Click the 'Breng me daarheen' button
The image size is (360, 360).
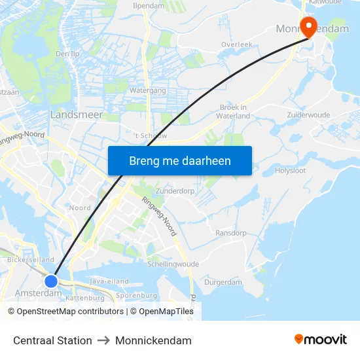point(179,160)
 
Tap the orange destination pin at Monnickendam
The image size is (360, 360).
point(307,26)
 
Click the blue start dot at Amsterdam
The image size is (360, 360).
point(51,281)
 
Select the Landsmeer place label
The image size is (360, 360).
point(76,115)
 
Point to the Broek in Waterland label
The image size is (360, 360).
point(234,111)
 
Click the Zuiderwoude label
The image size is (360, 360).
point(308,115)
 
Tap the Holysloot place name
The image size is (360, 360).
point(291,171)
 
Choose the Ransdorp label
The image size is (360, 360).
point(231,232)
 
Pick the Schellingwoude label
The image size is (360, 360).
point(173,264)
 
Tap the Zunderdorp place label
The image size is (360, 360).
point(175,191)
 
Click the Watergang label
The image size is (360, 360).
point(147,90)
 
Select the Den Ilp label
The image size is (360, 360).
point(68,54)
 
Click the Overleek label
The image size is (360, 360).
point(236,45)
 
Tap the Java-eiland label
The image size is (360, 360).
point(109,281)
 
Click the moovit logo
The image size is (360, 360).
point(321,340)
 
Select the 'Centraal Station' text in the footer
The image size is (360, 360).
point(52,340)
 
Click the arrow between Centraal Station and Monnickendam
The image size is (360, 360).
point(103,340)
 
